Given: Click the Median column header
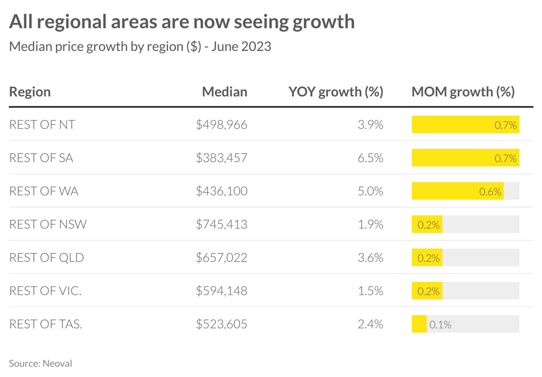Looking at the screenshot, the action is [x=225, y=92].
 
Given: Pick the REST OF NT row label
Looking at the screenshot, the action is [x=42, y=125].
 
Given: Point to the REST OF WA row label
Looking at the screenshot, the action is [x=44, y=191].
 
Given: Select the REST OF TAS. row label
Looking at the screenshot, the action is [x=46, y=324].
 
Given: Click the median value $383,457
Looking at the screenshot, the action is [x=222, y=158].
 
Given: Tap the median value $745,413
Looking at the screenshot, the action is [x=222, y=224].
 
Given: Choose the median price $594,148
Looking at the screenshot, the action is [x=222, y=291].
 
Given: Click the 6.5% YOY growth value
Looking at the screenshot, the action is [x=371, y=158].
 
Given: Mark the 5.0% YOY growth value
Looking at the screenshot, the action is [x=371, y=191].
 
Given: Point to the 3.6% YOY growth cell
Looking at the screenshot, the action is [x=371, y=258].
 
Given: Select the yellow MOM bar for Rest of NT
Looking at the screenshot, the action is [x=465, y=124].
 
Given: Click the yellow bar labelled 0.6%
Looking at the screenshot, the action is [x=458, y=191].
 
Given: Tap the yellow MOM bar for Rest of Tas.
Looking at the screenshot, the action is [x=419, y=324].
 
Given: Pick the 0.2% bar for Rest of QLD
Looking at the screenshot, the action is [x=427, y=257].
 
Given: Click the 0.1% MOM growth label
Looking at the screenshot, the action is [x=440, y=325].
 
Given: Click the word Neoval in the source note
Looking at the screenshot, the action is [x=57, y=363].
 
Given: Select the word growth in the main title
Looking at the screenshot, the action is [x=324, y=22].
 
